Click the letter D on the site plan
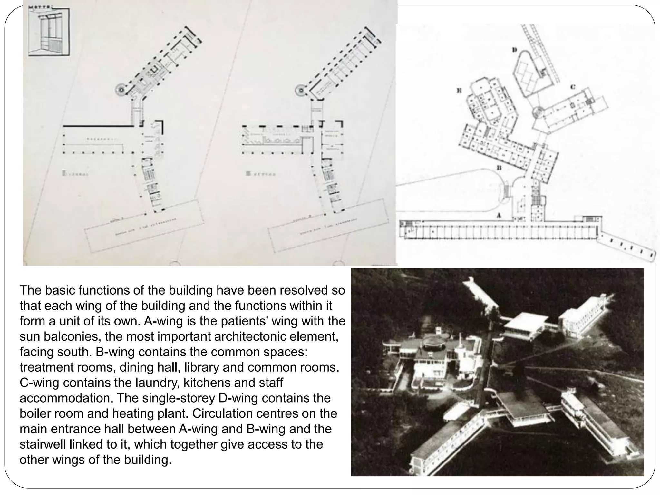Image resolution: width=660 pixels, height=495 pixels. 514,50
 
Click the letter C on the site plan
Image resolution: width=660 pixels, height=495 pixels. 573,87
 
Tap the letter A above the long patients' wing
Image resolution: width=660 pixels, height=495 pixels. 499,215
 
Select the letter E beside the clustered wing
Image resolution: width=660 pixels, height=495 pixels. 459,91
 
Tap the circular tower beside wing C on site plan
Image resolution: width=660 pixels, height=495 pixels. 537,113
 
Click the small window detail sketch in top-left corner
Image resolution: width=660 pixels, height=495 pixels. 49,32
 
